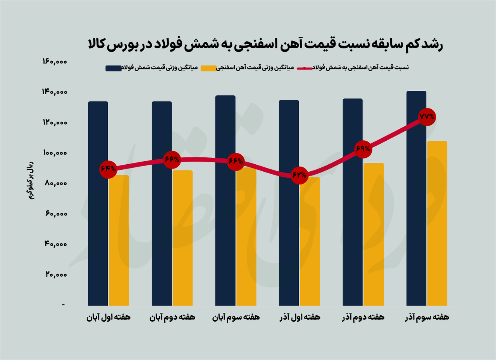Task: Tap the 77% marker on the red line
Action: [427, 117]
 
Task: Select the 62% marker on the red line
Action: [299, 175]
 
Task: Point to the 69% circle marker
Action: [363, 149]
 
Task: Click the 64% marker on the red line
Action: [108, 169]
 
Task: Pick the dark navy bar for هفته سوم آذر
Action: [416, 198]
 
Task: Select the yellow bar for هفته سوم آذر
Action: [437, 225]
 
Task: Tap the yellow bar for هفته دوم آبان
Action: [183, 238]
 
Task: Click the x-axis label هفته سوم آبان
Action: [236, 317]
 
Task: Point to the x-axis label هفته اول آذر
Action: [300, 317]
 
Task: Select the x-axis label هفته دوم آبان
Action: [172, 317]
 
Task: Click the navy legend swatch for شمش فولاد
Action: [114, 68]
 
